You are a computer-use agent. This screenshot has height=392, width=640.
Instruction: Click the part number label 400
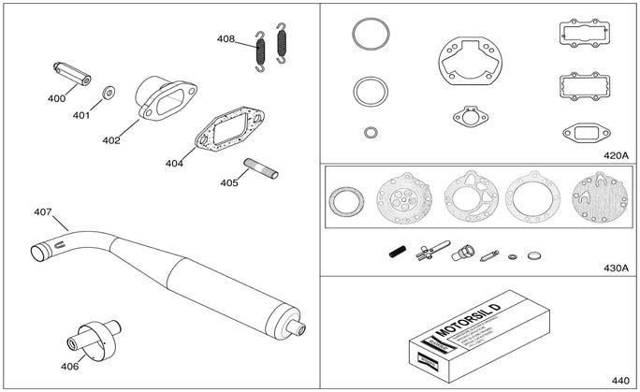pyautogui.click(x=56, y=98)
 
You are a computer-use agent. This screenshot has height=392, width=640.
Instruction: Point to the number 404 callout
pyautogui.click(x=174, y=163)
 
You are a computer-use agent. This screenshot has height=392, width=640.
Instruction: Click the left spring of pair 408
pyautogui.click(x=262, y=51)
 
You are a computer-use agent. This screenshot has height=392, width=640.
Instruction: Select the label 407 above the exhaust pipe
pyautogui.click(x=43, y=212)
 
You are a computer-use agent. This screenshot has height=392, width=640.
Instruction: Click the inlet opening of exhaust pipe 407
pyautogui.click(x=38, y=251)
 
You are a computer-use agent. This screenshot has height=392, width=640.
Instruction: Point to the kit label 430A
pyautogui.click(x=614, y=268)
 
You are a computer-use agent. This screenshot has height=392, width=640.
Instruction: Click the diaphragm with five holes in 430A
pyautogui.click(x=402, y=198)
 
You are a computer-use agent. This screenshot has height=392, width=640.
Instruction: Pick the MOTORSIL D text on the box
pyautogui.click(x=467, y=321)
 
